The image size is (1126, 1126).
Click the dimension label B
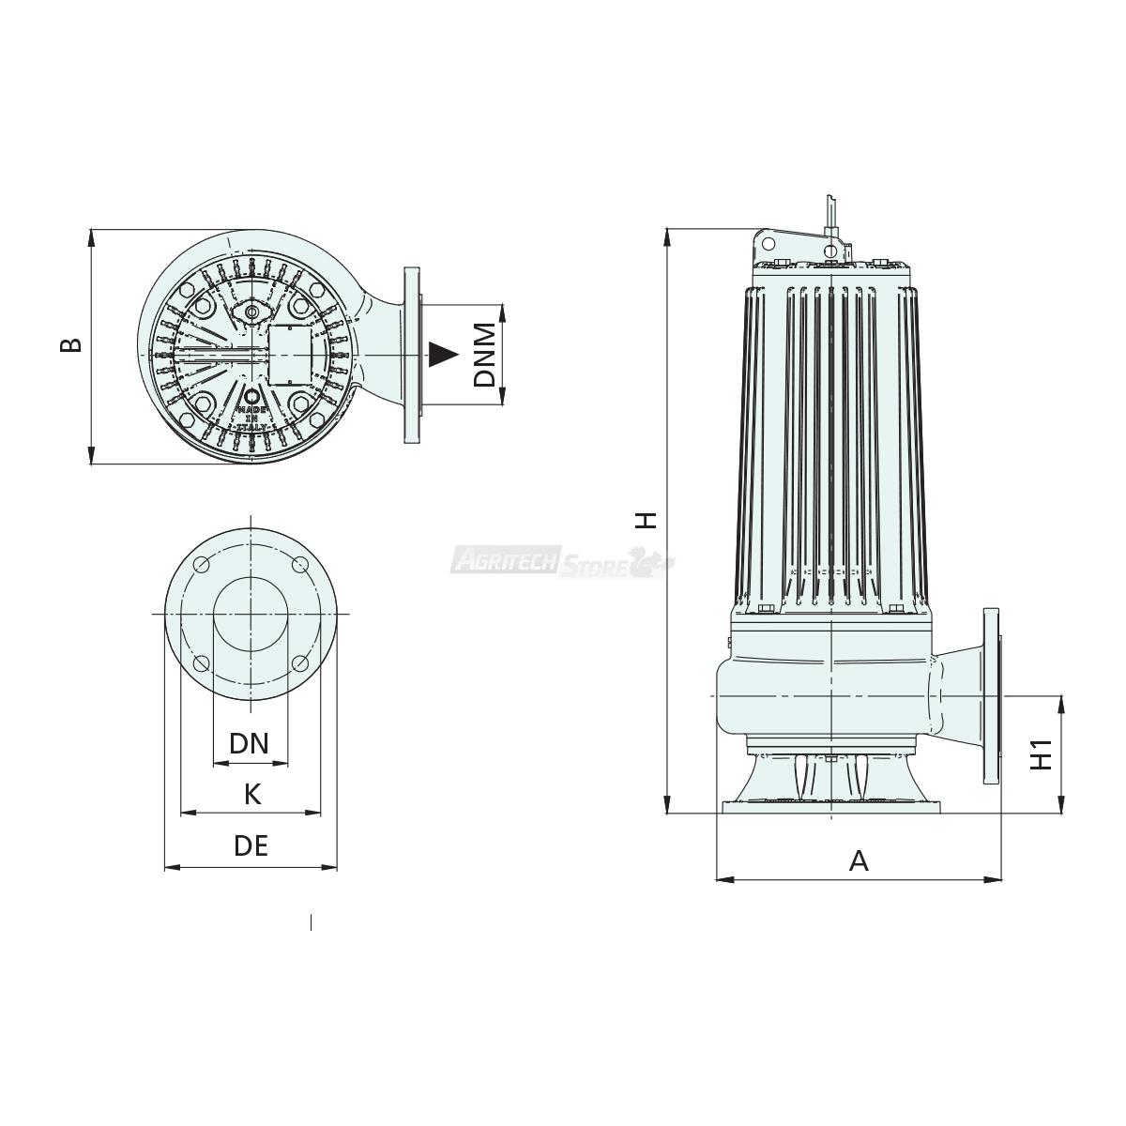[x=71, y=345]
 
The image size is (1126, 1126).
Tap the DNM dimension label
[x=484, y=355]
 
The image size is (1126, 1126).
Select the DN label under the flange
[x=249, y=744]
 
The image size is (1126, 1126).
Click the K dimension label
[x=252, y=795]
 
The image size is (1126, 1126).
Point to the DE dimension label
[x=251, y=846]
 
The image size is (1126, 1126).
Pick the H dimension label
[x=647, y=520]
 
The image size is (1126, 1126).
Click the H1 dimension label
[x=1041, y=754]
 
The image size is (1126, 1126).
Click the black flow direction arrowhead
[x=443, y=355]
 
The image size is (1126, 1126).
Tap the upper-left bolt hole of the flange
[x=202, y=565]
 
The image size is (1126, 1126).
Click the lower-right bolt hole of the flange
[x=299, y=663]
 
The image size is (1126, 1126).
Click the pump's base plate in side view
[x=831, y=807]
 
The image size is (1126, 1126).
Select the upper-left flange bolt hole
[x=202, y=565]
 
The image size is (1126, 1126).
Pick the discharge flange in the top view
[x=411, y=356]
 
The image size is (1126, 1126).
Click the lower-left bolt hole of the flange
[x=202, y=663]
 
